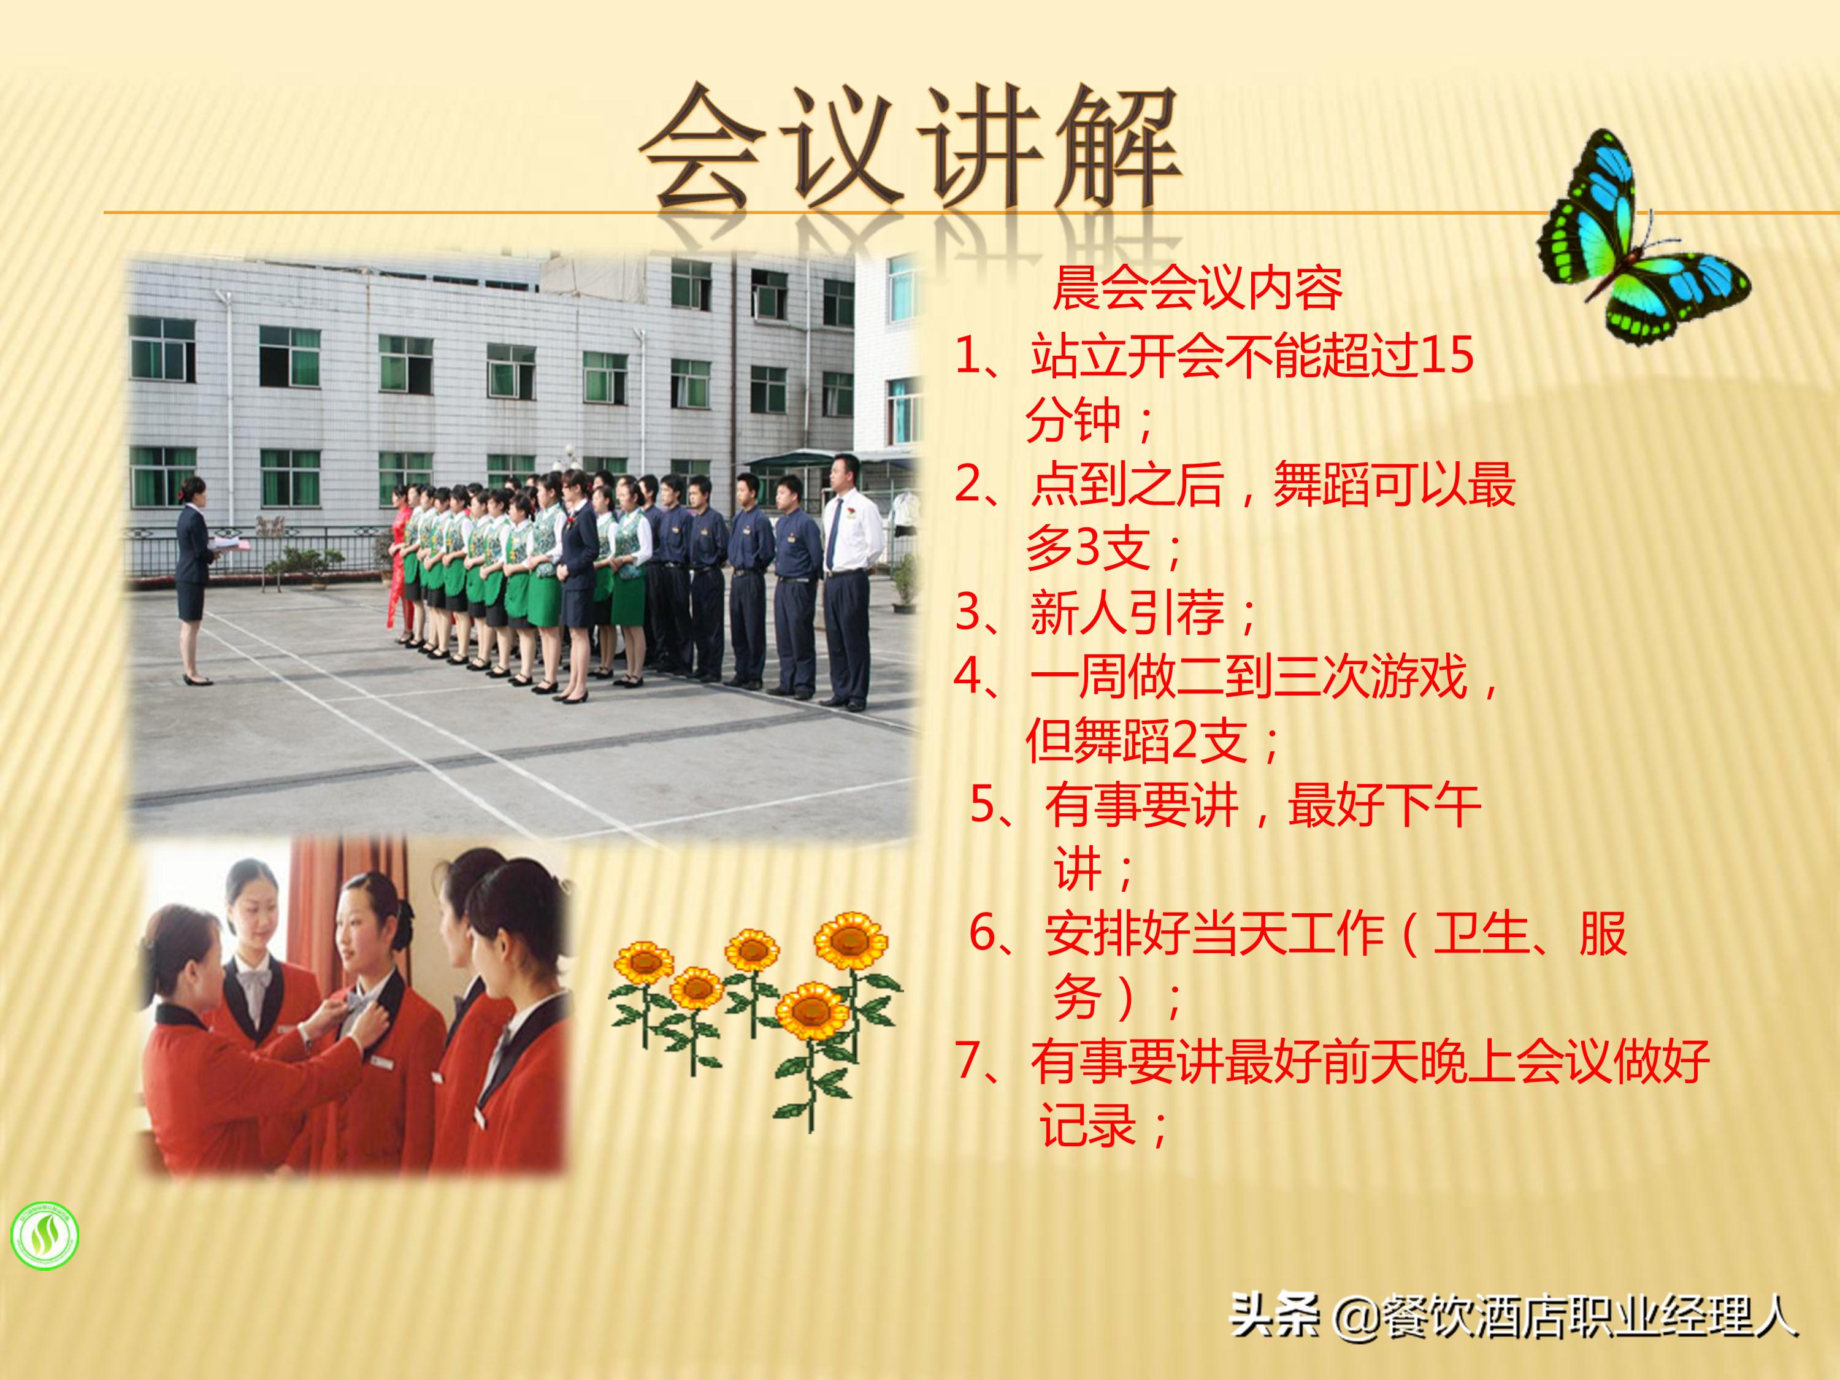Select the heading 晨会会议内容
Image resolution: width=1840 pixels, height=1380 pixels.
(x=1197, y=289)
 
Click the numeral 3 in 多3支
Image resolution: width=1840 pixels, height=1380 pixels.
(x=1089, y=547)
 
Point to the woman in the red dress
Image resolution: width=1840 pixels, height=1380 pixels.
(x=402, y=565)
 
